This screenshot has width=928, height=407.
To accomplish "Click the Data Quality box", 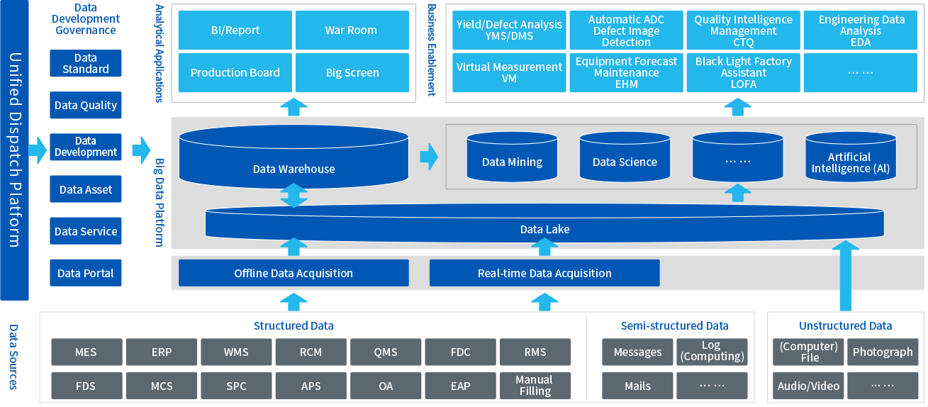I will [x=86, y=105].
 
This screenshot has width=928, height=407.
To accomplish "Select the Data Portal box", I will [x=86, y=273].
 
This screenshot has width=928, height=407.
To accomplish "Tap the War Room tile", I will [x=352, y=30].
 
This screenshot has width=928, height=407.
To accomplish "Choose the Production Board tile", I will [x=235, y=72].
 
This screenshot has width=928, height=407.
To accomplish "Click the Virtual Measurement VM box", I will [x=509, y=72].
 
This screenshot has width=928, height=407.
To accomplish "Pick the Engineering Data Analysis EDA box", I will [x=861, y=30].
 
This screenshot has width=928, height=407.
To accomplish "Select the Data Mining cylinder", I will [x=512, y=160].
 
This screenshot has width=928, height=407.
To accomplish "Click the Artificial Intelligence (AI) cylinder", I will [x=850, y=162].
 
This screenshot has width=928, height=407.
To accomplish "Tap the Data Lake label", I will [x=544, y=229].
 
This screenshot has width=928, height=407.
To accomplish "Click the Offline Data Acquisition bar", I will [x=294, y=273].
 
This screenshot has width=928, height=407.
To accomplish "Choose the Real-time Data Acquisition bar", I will [x=544, y=273].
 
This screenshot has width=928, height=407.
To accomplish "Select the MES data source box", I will [x=86, y=352].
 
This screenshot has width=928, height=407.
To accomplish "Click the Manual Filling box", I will [x=535, y=386].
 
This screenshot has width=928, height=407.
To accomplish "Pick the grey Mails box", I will [x=637, y=386].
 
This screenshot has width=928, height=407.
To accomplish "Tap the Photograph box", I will [x=882, y=352].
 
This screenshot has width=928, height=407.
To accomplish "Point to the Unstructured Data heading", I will [x=845, y=325].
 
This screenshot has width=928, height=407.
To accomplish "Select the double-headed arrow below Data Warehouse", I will [x=294, y=196].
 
